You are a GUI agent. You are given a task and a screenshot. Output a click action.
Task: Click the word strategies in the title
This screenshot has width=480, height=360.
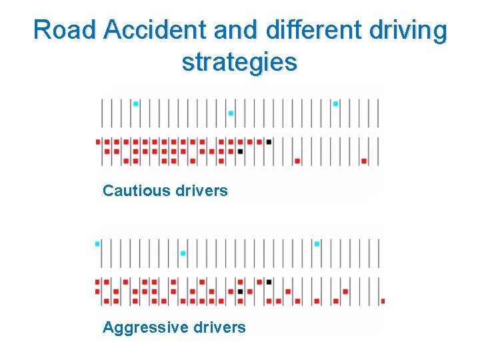(239, 62)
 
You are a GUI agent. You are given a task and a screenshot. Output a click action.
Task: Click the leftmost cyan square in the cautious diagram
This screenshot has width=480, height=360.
(135, 103)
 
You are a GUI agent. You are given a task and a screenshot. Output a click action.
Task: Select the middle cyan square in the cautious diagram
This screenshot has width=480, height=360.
(231, 113)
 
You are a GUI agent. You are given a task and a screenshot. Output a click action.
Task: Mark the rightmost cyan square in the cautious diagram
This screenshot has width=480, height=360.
(335, 103)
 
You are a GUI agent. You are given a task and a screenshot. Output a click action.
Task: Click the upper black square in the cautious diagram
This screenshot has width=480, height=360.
(269, 141)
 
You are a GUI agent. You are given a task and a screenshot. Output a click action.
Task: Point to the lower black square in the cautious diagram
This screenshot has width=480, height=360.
(240, 151)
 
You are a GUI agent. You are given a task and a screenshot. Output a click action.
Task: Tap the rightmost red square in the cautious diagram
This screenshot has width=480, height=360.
(364, 161)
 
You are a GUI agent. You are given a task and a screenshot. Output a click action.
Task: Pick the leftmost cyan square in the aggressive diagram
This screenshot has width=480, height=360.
(97, 244)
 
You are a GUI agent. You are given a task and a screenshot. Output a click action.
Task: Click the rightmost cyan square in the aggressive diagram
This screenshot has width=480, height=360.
(317, 244)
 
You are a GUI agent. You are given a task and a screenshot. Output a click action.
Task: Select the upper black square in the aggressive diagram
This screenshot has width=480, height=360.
(269, 282)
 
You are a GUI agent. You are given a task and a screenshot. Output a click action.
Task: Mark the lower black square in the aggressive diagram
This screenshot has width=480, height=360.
(240, 291)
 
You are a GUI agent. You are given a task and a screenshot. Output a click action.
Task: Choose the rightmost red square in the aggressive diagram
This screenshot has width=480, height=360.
(383, 301)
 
